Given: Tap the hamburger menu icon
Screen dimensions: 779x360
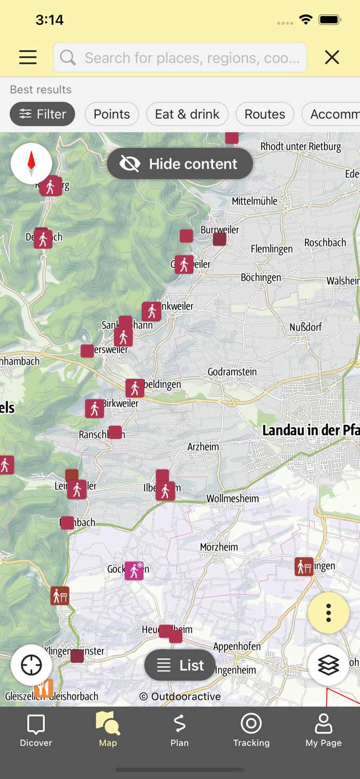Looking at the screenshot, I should click(28, 57).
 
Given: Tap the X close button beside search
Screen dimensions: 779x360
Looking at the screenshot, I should click(332, 57).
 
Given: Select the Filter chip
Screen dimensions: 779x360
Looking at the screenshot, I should click(43, 114).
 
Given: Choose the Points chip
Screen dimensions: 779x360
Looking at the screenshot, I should click(112, 114).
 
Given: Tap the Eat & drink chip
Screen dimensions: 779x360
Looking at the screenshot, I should click(187, 114).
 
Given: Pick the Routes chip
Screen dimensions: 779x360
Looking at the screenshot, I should click(264, 114).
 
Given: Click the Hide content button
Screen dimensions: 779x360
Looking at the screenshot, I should click(180, 164).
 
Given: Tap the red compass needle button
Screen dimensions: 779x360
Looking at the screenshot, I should click(31, 163).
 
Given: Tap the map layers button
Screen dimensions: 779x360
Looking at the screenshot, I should click(328, 665).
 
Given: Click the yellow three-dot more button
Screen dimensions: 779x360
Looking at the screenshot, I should click(328, 613).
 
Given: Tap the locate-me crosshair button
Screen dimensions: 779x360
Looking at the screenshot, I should click(31, 665).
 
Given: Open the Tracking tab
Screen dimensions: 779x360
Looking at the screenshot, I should click(251, 729).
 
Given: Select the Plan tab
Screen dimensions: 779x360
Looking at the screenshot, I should click(179, 729).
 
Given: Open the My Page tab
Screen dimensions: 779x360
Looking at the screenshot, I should click(323, 729).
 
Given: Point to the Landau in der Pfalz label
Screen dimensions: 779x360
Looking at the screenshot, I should click(311, 430).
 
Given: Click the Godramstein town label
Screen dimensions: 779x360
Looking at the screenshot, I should click(232, 372).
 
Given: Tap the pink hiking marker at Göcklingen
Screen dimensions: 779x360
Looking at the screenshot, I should click(134, 571).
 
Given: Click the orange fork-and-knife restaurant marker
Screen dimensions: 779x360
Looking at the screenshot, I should click(44, 689).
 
